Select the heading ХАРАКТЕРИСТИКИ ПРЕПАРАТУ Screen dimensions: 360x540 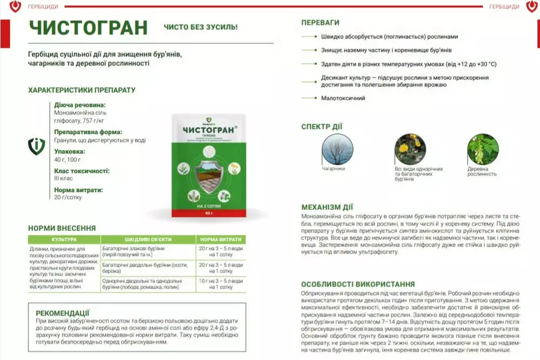[82, 90]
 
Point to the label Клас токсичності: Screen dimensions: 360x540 [82, 171]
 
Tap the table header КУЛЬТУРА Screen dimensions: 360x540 [64, 239]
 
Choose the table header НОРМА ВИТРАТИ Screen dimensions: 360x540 [220, 239]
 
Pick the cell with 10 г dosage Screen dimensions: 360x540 [220, 284]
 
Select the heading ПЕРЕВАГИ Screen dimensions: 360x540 [320, 23]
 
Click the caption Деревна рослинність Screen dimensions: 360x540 [482, 171]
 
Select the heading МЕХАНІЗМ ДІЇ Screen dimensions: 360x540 [327, 207]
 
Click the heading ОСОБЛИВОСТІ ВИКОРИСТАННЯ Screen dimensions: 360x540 [358, 284]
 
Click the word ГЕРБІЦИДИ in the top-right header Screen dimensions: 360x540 [504, 6]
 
